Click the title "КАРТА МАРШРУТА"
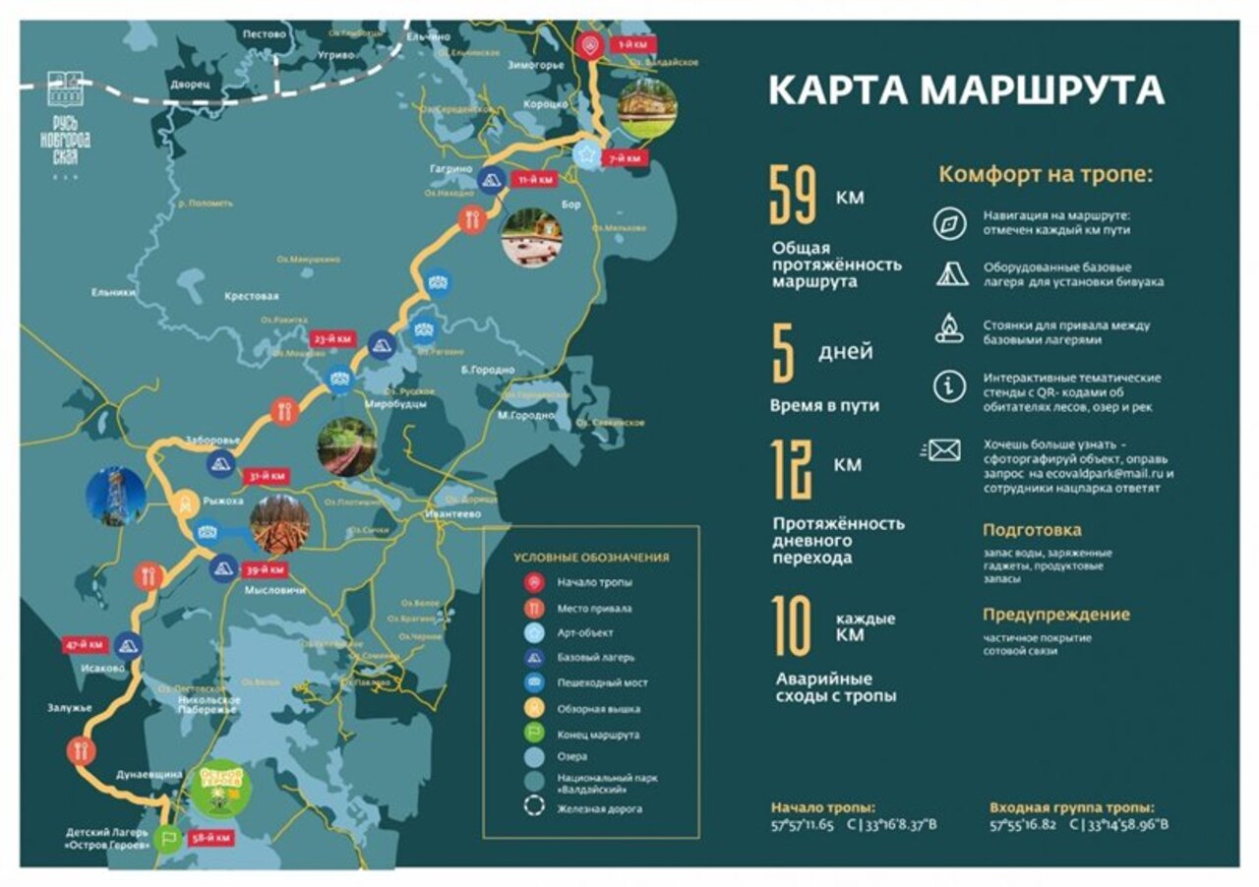pyautogui.click(x=966, y=89)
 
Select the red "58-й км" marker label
pyautogui.click(x=211, y=838)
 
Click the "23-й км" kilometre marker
pyautogui.click(x=331, y=338)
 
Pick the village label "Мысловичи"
pyautogui.click(x=274, y=590)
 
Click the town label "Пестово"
pyautogui.click(x=264, y=34)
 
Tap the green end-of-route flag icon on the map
pyautogui.click(x=168, y=838)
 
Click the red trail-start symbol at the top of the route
pyautogui.click(x=589, y=44)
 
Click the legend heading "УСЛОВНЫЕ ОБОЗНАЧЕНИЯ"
pyautogui.click(x=591, y=558)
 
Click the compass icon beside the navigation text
pyautogui.click(x=949, y=223)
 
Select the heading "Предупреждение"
pyautogui.click(x=1055, y=615)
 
